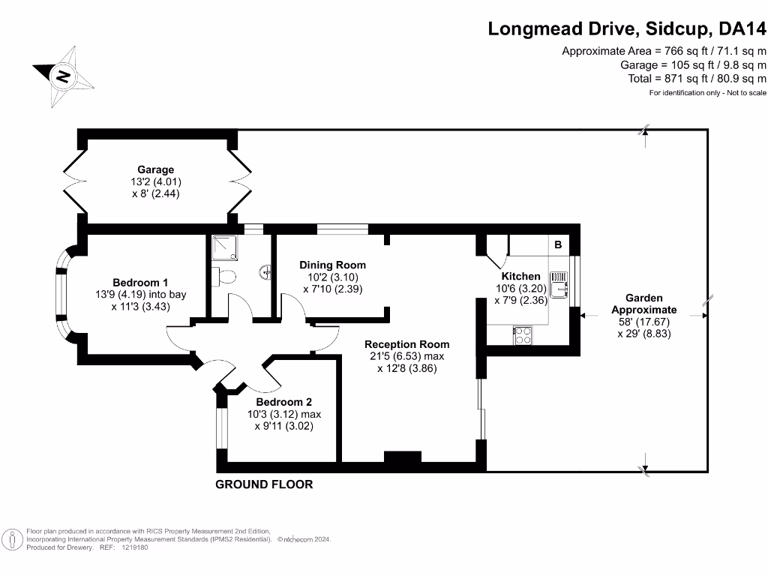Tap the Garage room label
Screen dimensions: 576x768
(155, 169)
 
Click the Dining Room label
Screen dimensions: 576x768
(332, 265)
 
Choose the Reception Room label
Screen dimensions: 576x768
(407, 344)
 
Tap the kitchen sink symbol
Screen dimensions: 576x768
(559, 284)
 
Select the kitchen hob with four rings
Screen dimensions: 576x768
(523, 335)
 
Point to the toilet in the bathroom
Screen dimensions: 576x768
(223, 277)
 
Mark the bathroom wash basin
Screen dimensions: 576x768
(266, 271)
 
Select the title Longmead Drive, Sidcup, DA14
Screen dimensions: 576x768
(628, 28)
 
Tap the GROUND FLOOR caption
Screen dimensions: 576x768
(264, 484)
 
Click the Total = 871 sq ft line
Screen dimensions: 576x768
(697, 78)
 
